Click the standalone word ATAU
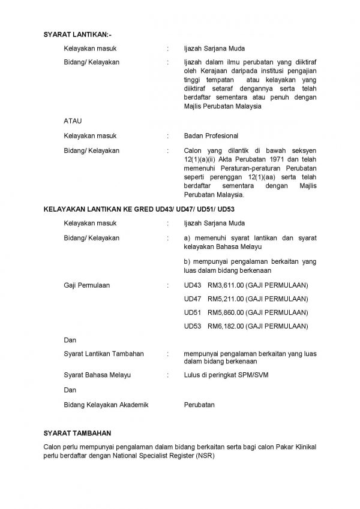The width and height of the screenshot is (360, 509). click(x=73, y=121)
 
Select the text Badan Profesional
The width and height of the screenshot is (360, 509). click(x=211, y=135)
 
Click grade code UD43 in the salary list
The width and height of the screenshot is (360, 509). click(x=193, y=285)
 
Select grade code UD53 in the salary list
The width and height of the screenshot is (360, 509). click(x=193, y=326)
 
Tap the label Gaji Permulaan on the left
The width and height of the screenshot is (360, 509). click(x=86, y=285)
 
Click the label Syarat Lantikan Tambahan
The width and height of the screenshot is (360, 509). click(x=103, y=354)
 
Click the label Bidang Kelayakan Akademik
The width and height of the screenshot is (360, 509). click(x=106, y=405)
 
